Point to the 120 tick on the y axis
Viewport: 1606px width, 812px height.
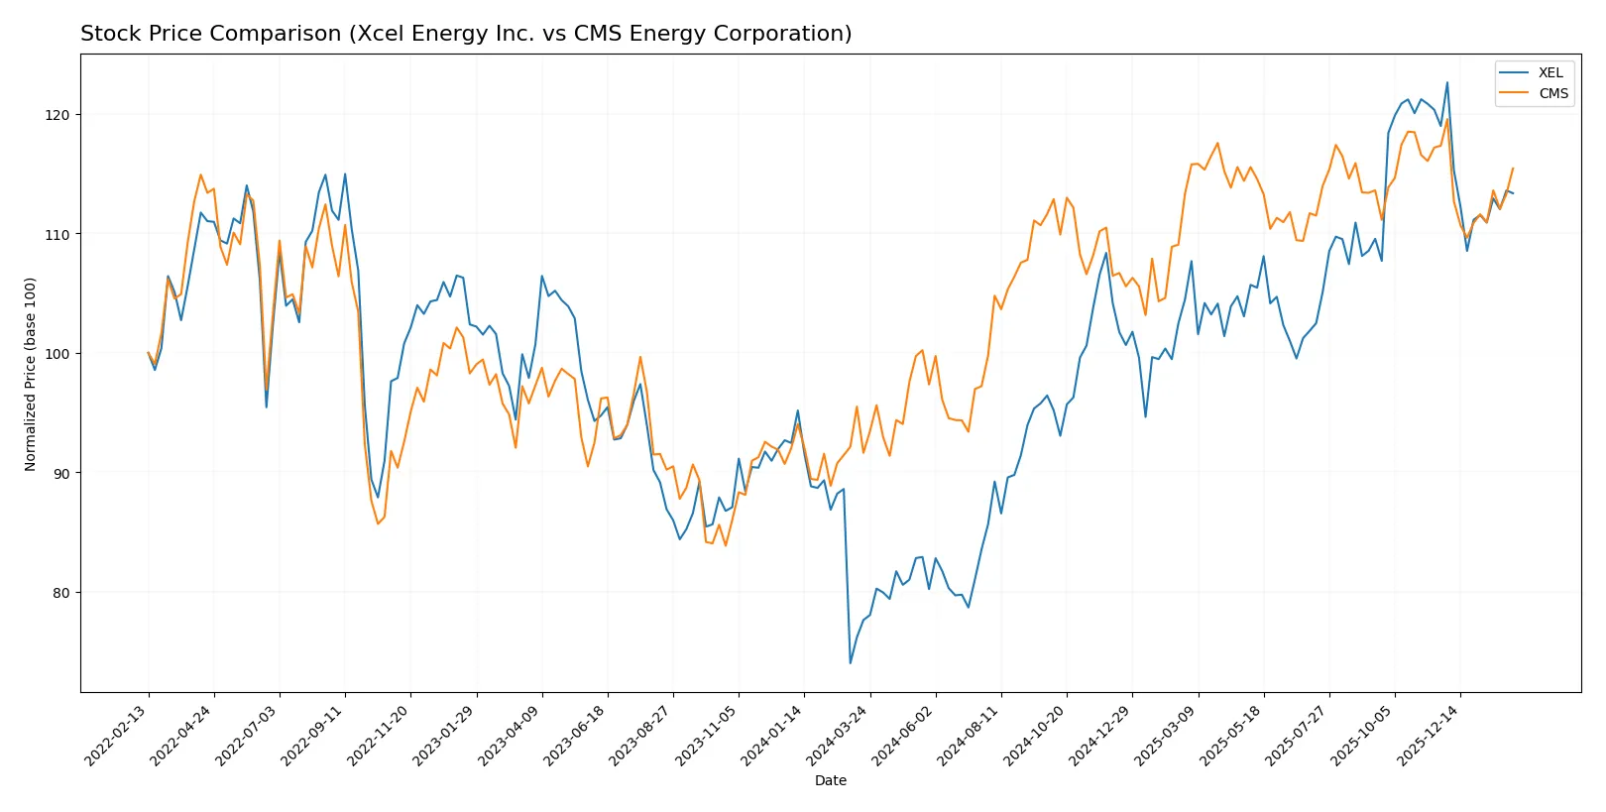[57, 115]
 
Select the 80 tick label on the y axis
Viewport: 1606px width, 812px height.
[61, 593]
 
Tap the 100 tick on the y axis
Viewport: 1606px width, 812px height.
[57, 354]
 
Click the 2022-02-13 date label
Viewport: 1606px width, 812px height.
[117, 735]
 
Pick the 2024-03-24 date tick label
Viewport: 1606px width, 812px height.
[838, 735]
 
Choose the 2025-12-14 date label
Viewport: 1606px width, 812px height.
[1429, 735]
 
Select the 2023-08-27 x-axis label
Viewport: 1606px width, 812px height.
[641, 735]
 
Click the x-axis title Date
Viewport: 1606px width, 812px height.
[830, 780]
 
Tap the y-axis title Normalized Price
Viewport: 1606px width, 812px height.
[31, 374]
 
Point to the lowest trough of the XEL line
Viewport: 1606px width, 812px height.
[851, 663]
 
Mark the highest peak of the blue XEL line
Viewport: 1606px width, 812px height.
[1446, 82]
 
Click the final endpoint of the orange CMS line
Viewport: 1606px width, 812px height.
[1513, 169]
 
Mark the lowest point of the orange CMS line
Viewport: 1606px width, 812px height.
[725, 545]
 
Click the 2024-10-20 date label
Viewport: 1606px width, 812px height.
[1034, 735]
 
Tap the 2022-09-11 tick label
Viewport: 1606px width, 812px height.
[313, 735]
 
